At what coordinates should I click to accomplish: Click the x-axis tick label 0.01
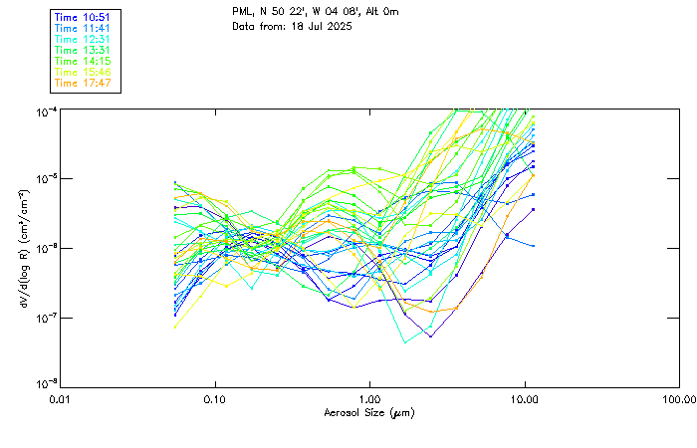coord(61,398)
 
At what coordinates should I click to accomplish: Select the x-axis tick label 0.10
coord(215,398)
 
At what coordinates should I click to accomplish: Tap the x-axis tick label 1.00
coord(370,398)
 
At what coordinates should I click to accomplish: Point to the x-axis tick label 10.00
coord(525,398)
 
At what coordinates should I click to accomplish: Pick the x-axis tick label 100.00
coord(679,398)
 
